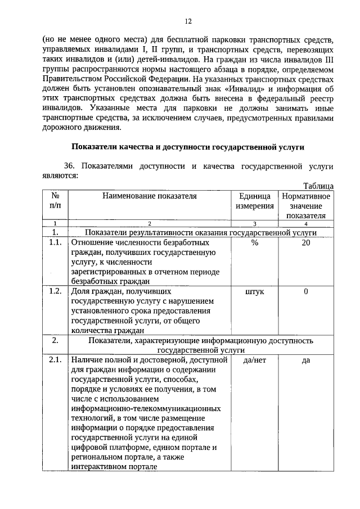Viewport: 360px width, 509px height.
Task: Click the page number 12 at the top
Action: coord(188,21)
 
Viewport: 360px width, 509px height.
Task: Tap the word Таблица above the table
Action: coord(318,186)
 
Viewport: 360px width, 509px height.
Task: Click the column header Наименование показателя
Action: coord(150,196)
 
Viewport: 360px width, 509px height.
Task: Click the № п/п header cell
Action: coord(56,201)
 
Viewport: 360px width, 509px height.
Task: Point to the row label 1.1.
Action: coord(55,242)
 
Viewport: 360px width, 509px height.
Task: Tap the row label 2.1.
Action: coord(55,361)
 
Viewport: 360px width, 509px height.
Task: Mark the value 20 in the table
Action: coord(306,242)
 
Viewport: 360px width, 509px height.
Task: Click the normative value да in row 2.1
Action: coord(306,361)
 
